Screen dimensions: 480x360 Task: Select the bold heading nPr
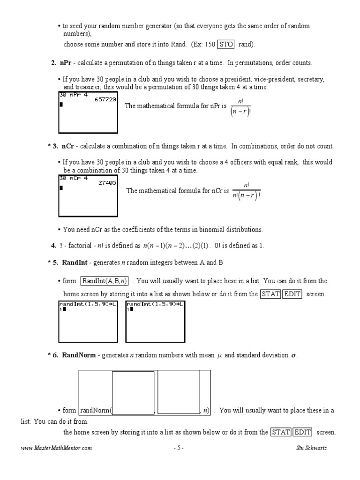pos(65,63)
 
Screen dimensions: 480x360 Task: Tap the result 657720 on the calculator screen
pos(105,99)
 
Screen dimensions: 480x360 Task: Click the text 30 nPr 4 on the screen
pos(73,94)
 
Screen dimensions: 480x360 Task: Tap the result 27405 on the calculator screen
pos(107,183)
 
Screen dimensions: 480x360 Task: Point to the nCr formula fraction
pos(246,191)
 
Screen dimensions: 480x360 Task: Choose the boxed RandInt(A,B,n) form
pos(105,281)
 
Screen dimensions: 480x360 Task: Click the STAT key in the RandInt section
pos(270,294)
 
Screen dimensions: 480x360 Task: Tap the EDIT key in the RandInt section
pos(292,294)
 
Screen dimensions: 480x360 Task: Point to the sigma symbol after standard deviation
pos(293,356)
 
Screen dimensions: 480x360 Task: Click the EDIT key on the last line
pos(303,432)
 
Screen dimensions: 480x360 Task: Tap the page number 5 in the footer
pos(178,448)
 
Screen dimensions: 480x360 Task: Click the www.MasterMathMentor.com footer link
pos(57,448)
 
